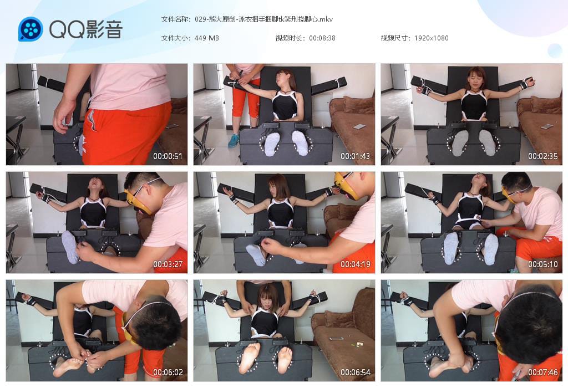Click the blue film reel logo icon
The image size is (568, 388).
(x=31, y=29)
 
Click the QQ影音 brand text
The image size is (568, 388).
(x=86, y=29)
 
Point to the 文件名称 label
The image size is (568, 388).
(x=175, y=19)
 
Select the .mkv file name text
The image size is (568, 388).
(x=263, y=19)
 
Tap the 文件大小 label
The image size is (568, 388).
(x=175, y=38)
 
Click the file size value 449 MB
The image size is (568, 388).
(x=206, y=38)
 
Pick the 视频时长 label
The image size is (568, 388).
(x=290, y=38)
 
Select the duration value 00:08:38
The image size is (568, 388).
(x=322, y=38)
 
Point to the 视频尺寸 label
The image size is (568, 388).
(x=395, y=38)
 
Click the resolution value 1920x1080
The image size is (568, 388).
(x=431, y=38)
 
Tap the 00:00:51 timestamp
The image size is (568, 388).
(x=168, y=156)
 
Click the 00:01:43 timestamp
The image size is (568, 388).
(x=355, y=156)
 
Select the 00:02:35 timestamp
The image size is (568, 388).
(x=542, y=156)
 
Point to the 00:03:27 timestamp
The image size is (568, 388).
(x=168, y=264)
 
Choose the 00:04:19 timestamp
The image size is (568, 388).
(x=355, y=264)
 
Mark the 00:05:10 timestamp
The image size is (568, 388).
(x=542, y=264)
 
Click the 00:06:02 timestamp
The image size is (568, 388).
(x=168, y=372)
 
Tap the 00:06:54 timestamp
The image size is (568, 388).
(x=355, y=372)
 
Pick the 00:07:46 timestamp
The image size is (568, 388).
(x=542, y=372)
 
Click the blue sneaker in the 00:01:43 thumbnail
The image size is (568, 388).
(x=234, y=141)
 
